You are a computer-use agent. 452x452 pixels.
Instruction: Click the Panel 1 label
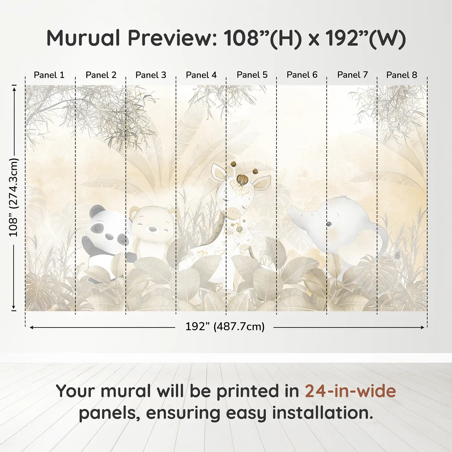(x=49, y=75)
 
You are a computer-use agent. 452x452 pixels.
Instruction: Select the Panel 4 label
(x=201, y=75)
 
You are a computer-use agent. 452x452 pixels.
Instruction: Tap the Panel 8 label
(x=402, y=75)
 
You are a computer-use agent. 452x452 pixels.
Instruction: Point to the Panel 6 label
(x=302, y=75)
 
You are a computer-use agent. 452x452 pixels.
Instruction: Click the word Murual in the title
(x=83, y=38)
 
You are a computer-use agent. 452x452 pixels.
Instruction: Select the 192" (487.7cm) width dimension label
(x=225, y=327)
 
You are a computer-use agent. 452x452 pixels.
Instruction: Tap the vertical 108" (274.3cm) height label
(x=14, y=197)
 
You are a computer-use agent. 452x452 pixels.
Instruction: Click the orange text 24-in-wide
(x=350, y=391)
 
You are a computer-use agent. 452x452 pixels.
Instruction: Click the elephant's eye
(x=330, y=224)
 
